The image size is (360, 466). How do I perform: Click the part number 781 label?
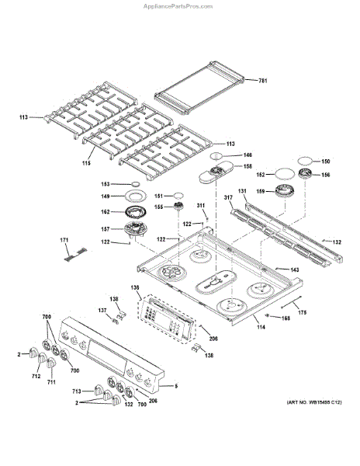(262, 81)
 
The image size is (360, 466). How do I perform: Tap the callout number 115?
(87, 162)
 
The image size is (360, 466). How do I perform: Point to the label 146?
(248, 155)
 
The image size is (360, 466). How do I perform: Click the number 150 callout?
(326, 162)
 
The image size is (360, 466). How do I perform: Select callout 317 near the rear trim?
(228, 199)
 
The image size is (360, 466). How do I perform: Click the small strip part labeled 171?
(77, 249)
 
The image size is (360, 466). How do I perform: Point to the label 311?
(201, 207)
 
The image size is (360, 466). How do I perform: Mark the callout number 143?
(295, 270)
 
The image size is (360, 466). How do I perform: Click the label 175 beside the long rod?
(303, 311)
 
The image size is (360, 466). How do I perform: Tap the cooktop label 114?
(261, 327)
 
